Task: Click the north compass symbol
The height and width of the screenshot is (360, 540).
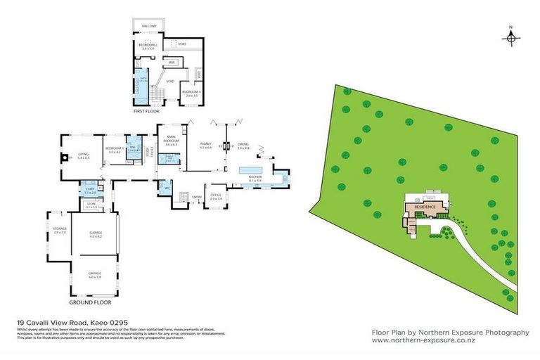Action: coord(511,37)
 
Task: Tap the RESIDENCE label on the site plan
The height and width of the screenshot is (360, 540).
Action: coord(425,207)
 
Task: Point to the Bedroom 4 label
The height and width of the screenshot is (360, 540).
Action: coord(191,91)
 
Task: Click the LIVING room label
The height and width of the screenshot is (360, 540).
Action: coord(83,155)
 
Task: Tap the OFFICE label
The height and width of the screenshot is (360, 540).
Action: coord(216,195)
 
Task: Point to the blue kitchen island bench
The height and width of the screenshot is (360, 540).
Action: coord(250,170)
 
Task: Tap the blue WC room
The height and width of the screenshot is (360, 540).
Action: coord(167,188)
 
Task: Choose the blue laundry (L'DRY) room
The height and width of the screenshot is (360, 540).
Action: coord(90,191)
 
